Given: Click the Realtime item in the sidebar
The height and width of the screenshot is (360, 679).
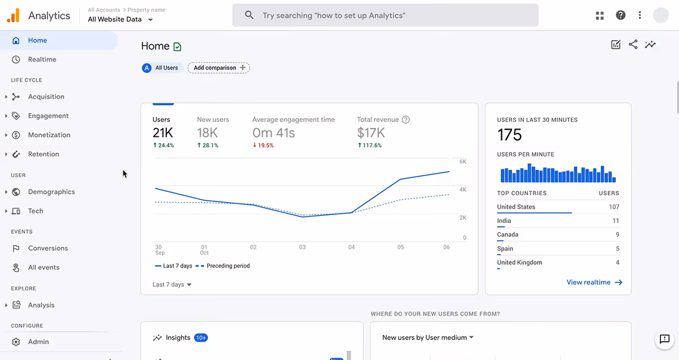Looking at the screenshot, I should tap(42, 59).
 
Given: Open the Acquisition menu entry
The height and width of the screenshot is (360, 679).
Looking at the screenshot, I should tap(46, 97).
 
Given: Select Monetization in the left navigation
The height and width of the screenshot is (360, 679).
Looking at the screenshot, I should tap(49, 135).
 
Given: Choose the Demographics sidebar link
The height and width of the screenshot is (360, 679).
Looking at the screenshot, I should tap(51, 192).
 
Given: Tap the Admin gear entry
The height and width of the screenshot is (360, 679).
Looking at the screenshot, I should tap(38, 342).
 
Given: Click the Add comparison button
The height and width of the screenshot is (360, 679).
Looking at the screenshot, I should tap(219, 68).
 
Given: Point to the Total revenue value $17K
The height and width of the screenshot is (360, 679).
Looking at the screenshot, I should tap(371, 133).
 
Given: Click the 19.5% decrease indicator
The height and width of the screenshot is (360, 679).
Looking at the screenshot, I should tap(263, 145).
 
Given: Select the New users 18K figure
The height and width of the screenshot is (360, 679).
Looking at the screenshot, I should tap(207, 133).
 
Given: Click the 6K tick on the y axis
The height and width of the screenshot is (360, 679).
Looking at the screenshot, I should tap(462, 162).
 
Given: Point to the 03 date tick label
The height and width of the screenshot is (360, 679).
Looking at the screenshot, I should tap(303, 247).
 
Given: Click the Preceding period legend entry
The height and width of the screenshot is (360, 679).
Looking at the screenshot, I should tap(227, 266).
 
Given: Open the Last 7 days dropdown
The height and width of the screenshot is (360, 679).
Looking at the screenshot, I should tap(173, 285).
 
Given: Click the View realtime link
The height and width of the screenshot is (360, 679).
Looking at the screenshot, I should tap(594, 282).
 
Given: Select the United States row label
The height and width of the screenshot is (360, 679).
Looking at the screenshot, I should tap(516, 207).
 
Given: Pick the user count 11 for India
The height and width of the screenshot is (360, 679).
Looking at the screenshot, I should tap(616, 221).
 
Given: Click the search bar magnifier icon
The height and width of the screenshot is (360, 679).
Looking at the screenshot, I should tap(249, 15).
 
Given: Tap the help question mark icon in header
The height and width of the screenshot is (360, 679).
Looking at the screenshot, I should tap(621, 15).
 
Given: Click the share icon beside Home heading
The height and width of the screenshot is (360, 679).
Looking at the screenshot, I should tap(633, 45).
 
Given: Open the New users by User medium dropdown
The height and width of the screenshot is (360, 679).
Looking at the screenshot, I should tap(428, 338).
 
